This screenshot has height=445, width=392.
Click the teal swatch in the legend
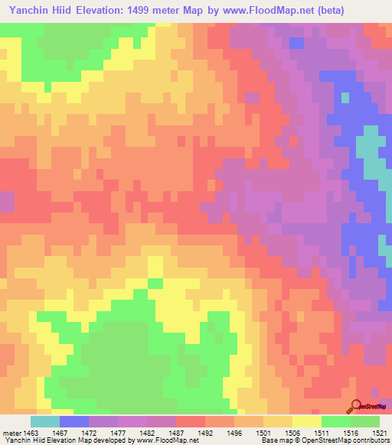tap(45, 421)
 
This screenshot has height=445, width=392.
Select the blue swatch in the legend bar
tap(74, 421)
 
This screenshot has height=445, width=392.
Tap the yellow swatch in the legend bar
tap(306, 421)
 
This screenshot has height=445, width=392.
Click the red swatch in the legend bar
tap(191, 421)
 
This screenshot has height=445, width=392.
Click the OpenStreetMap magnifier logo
tap(357, 406)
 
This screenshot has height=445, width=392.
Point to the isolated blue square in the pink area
tap(296, 43)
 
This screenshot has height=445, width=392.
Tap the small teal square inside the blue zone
tap(345, 98)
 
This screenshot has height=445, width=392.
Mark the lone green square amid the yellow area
tap(155, 284)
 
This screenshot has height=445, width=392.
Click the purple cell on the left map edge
tap(7, 202)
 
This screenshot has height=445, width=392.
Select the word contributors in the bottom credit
tap(370, 440)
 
